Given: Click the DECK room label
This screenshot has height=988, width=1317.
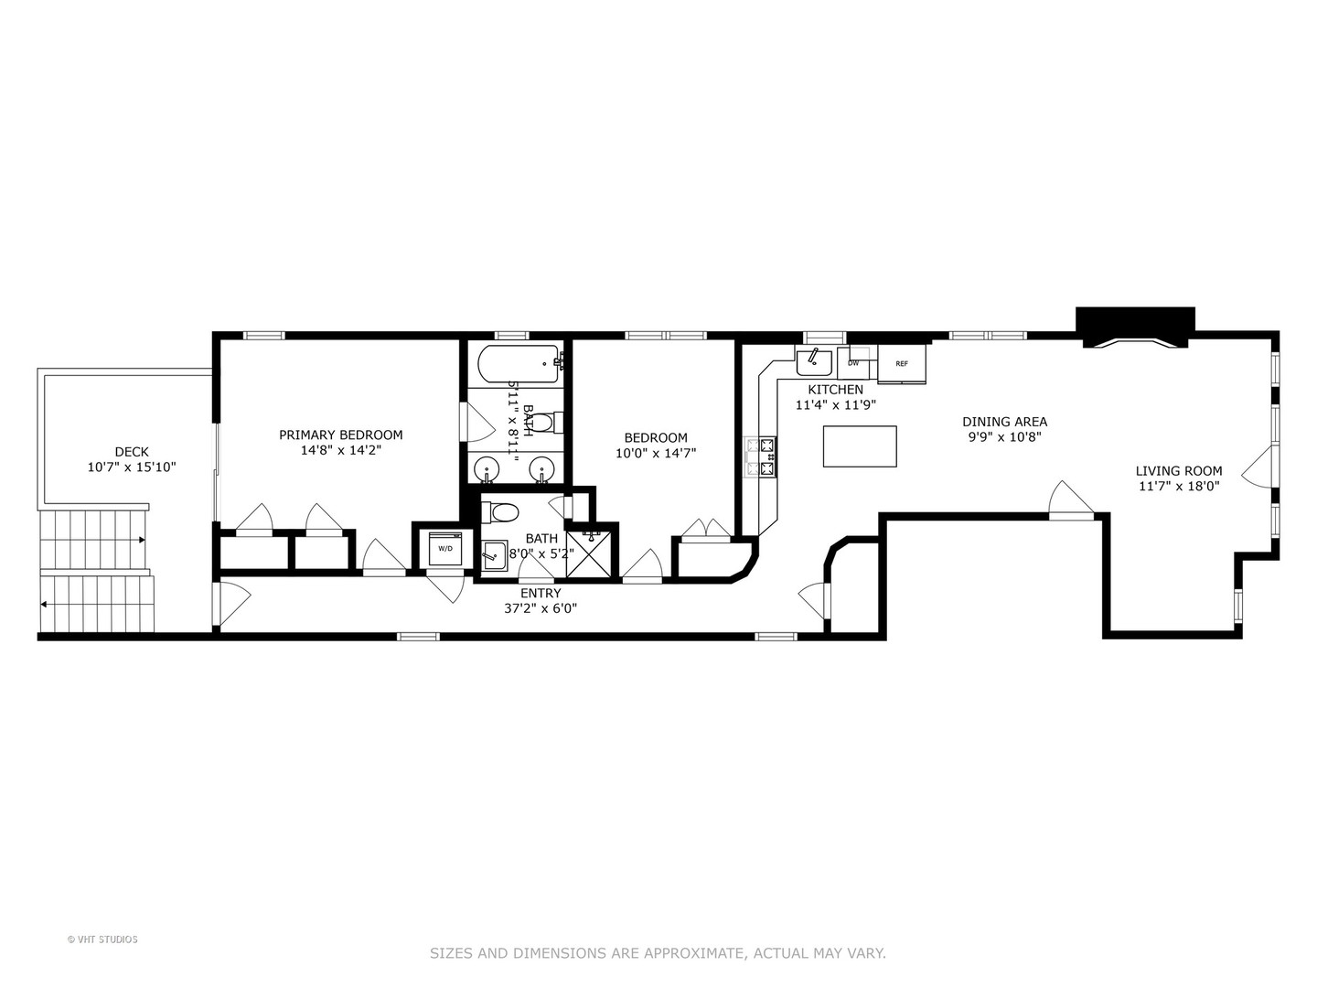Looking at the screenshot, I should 132,452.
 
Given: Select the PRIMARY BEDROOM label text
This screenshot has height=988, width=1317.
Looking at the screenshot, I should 340,435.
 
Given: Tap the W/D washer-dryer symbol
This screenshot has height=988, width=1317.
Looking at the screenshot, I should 445,548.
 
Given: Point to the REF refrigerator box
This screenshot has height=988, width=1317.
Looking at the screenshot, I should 902,364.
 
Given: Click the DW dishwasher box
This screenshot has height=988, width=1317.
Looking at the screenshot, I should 854,363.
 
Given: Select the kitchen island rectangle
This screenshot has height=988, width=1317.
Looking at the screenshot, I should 860,446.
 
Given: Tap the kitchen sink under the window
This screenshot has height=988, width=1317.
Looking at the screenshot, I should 813,362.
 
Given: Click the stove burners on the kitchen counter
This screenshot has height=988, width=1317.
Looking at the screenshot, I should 761,457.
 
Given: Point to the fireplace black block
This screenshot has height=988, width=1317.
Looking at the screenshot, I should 1135,326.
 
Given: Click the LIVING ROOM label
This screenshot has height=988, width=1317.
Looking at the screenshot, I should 1178,471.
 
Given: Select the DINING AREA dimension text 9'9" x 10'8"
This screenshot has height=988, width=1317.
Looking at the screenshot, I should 1004,437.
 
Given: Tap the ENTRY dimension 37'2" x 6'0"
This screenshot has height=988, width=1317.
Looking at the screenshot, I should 541,608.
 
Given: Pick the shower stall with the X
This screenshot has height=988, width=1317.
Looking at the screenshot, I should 593,552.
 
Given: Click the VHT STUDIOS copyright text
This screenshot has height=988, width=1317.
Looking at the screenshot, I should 102,940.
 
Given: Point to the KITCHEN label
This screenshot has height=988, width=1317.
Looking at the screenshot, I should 835,390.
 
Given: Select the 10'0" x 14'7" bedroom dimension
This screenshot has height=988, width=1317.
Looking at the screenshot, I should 656,453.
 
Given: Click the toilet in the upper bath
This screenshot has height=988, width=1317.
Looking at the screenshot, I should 544,423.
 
